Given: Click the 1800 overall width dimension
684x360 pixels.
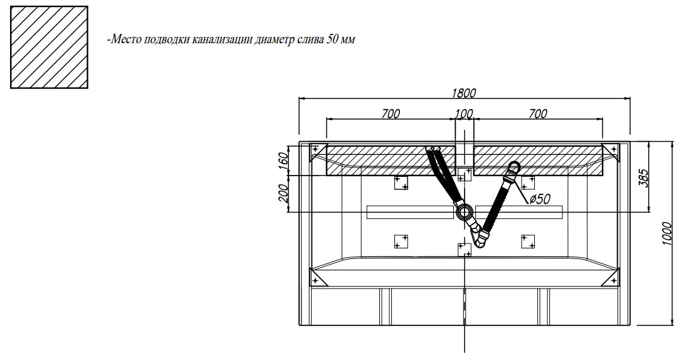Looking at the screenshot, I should click(463, 93).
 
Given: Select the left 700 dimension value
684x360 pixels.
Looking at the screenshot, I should click(390, 114).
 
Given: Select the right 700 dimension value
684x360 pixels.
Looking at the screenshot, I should click(537, 114).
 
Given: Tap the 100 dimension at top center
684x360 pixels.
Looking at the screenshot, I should click(464, 114).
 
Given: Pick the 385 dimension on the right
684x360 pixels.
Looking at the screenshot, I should click(643, 177).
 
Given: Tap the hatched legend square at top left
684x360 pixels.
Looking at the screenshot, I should click(48, 47).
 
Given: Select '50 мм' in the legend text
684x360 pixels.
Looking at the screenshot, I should click(340, 40).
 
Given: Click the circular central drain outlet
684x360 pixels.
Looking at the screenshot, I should click(465, 212).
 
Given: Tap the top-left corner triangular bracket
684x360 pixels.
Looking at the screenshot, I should click(318, 151).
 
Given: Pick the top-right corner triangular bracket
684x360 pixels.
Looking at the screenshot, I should click(610, 151).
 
